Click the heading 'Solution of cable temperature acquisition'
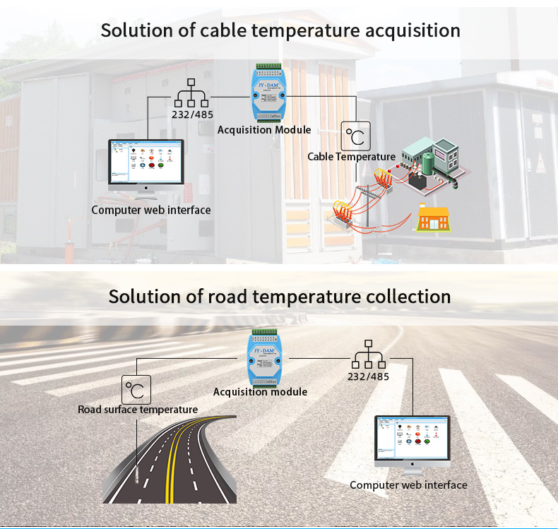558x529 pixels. click(x=280, y=30)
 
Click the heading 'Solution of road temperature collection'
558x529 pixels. click(x=280, y=296)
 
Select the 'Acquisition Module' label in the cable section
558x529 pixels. click(x=264, y=130)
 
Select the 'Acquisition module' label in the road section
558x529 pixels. click(x=260, y=392)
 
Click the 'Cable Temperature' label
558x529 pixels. click(x=351, y=157)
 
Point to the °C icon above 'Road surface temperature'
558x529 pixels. click(x=136, y=389)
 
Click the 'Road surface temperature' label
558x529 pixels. click(x=138, y=410)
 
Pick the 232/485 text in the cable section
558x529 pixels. click(x=192, y=114)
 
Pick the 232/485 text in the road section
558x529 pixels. click(x=368, y=376)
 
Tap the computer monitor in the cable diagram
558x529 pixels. click(x=146, y=163)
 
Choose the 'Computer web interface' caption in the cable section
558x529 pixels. click(x=150, y=210)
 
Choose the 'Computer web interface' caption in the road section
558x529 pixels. click(x=408, y=485)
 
